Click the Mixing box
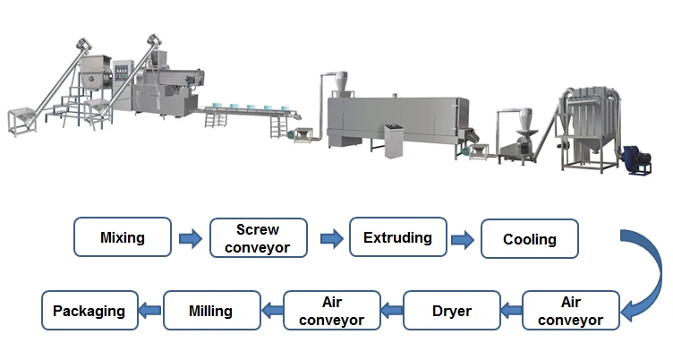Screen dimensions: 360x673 (x=123, y=239)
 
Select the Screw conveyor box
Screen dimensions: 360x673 (x=258, y=239)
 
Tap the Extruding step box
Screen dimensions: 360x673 (x=397, y=238)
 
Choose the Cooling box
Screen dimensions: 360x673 (x=529, y=239)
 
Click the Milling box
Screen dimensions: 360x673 (x=210, y=312)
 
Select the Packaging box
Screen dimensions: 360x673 (x=89, y=312)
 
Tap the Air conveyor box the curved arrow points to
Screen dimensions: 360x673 (x=570, y=312)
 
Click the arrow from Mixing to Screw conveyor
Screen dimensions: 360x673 (x=190, y=239)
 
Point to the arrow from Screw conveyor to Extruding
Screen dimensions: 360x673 (x=330, y=239)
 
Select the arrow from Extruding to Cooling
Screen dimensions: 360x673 (x=463, y=239)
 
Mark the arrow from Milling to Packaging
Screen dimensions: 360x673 (x=150, y=312)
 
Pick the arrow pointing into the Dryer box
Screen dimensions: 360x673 (x=510, y=312)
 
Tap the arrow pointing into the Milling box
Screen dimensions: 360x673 (x=270, y=312)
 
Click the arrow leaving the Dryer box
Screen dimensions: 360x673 (x=390, y=312)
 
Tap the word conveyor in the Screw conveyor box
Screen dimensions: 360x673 (x=258, y=247)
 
